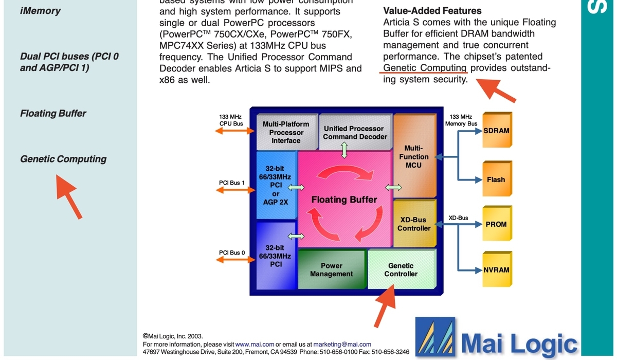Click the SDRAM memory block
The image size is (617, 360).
pyautogui.click(x=497, y=130)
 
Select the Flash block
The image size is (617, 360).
pyautogui.click(x=497, y=179)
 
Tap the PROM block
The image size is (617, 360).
pyautogui.click(x=497, y=223)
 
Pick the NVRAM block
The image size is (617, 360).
pyautogui.click(x=497, y=269)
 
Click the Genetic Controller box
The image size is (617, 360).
pyautogui.click(x=402, y=269)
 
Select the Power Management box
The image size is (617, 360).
pyautogui.click(x=332, y=269)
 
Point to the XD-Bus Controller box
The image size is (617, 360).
pyautogui.click(x=414, y=223)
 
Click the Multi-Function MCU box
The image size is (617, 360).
pyautogui.click(x=414, y=156)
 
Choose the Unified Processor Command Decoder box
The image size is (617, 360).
pyautogui.click(x=355, y=132)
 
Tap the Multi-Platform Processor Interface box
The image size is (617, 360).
pyautogui.click(x=286, y=132)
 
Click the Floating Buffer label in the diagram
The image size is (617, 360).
pyautogui.click(x=344, y=200)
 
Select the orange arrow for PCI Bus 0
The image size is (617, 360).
pyautogui.click(x=235, y=260)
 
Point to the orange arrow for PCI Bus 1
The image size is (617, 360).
pyautogui.click(x=235, y=190)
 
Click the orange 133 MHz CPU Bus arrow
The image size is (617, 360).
pyautogui.click(x=234, y=131)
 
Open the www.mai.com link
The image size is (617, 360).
pyautogui.click(x=255, y=344)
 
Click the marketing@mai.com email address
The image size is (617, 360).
pyautogui.click(x=342, y=344)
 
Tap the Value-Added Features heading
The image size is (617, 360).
pyautogui.click(x=432, y=11)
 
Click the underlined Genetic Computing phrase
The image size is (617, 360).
pyautogui.click(x=425, y=68)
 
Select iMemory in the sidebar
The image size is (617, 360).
pyautogui.click(x=40, y=11)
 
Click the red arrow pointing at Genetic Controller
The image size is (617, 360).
pyautogui.click(x=385, y=306)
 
